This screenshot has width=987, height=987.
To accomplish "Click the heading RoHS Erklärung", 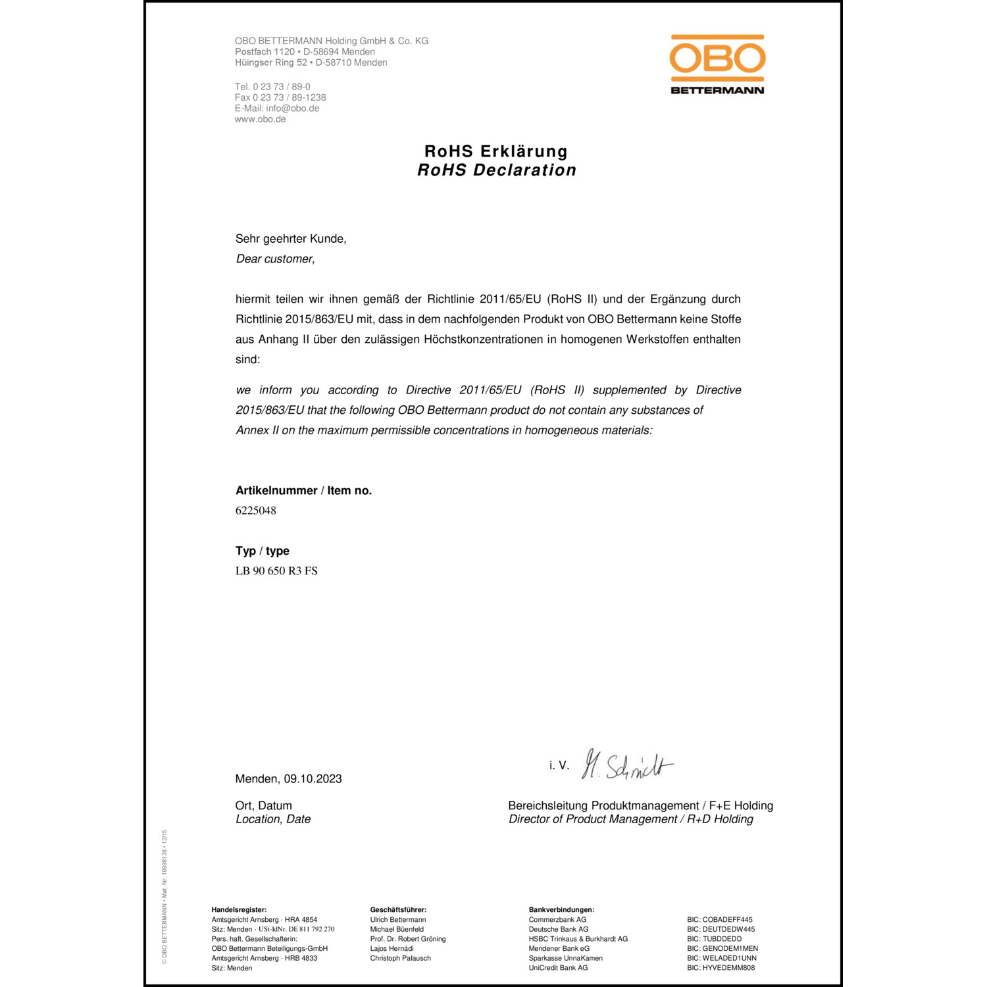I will [496, 151].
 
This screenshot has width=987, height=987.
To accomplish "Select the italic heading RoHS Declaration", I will [497, 170].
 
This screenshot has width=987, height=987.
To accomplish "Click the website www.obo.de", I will [260, 119].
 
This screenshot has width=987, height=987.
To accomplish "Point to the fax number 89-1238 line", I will [280, 97].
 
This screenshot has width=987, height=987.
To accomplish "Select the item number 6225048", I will [256, 511].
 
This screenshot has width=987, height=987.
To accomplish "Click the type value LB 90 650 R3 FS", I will [276, 571].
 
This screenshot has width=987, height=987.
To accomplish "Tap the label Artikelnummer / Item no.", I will [303, 491].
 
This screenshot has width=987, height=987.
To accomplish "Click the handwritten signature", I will [626, 765].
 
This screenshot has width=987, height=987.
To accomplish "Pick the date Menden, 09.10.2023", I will [288, 779].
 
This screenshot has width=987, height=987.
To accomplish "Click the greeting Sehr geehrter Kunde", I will [291, 239].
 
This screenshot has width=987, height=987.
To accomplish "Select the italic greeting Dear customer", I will [275, 259].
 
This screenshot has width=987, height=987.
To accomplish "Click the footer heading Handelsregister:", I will [239, 910].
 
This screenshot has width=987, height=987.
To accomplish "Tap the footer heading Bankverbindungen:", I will [561, 910].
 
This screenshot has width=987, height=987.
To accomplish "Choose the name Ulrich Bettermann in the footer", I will [397, 920].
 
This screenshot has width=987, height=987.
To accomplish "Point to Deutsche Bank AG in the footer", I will [558, 930].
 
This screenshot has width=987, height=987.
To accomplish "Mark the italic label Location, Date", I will [273, 819].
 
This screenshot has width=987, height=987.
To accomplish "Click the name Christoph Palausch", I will [400, 958].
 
